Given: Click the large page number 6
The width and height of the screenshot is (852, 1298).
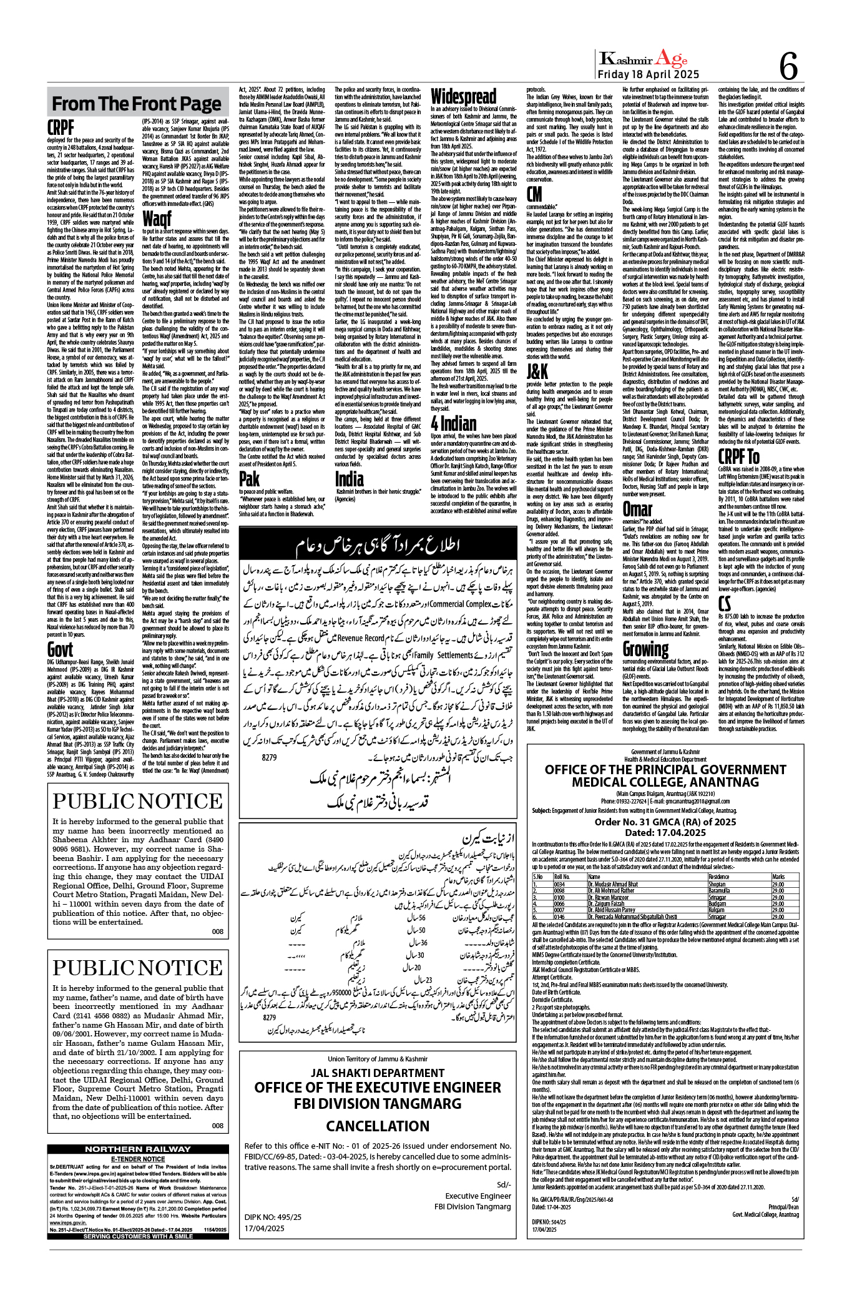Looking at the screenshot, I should click(788, 66).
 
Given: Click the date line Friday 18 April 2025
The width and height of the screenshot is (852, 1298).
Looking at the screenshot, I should click(648, 74).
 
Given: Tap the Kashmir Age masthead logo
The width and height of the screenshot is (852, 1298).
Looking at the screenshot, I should click(643, 59).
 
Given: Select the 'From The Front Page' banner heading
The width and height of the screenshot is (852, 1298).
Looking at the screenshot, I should click(136, 104).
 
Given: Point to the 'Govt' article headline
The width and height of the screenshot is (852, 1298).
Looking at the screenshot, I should click(60, 649).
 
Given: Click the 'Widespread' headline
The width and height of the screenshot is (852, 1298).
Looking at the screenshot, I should click(463, 97).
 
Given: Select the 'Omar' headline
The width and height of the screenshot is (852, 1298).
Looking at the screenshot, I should click(637, 509).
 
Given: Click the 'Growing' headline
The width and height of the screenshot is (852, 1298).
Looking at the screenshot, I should click(645, 649).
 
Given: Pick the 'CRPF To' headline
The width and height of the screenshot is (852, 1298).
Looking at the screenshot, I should click(738, 456).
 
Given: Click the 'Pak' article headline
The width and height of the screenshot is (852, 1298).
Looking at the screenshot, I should click(249, 479).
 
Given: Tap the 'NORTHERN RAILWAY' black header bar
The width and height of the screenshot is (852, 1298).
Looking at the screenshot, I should click(138, 1149).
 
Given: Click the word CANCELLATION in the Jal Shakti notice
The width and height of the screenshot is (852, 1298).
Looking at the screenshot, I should click(378, 1126).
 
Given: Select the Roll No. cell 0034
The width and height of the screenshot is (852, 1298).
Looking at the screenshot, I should click(559, 884).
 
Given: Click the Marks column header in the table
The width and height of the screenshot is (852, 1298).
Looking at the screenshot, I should click(778, 877).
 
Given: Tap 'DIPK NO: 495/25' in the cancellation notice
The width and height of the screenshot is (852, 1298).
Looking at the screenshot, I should click(273, 1217).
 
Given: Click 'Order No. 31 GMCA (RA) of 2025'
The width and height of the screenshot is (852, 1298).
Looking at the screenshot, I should click(665, 822).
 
